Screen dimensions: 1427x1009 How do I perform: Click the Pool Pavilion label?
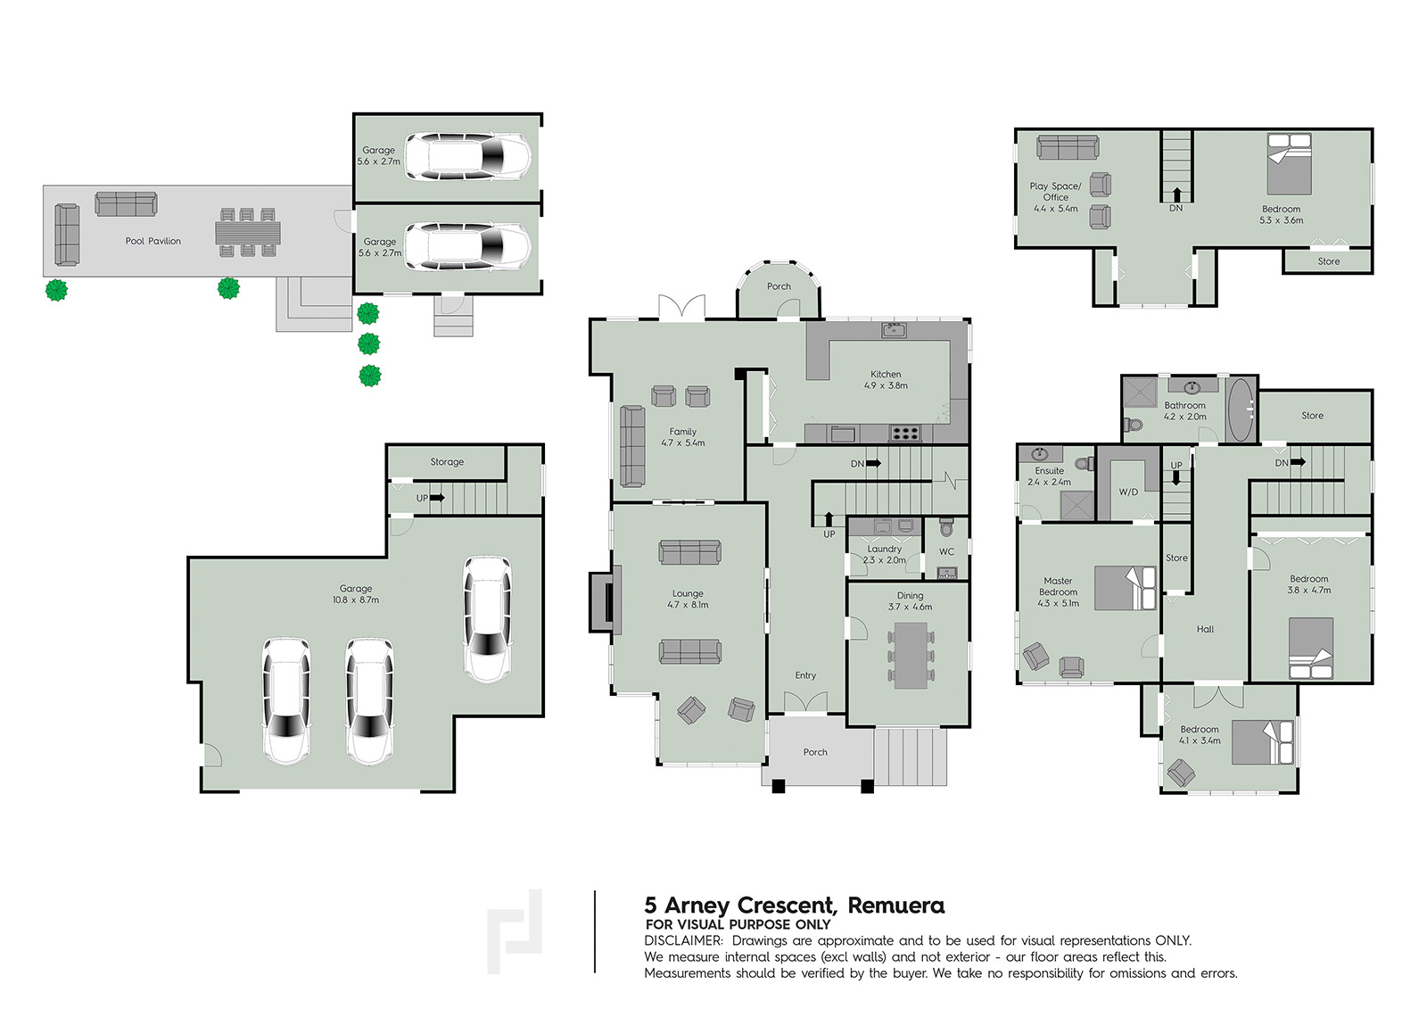point(153,241)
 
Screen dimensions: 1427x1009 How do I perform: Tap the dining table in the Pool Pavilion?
point(248,233)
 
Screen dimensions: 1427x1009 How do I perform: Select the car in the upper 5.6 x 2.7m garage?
point(468,157)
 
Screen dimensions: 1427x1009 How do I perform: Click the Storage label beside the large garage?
point(447,461)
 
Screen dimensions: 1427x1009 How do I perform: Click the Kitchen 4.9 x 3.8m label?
point(886,380)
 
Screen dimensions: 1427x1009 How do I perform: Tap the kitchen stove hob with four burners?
point(905,434)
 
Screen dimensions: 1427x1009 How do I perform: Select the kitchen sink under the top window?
point(895,330)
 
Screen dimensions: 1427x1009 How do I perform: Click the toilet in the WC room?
point(946,528)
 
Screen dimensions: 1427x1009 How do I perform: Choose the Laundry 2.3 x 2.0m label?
point(884,555)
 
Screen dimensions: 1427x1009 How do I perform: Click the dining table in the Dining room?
point(911,655)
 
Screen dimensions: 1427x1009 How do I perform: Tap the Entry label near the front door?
point(805,675)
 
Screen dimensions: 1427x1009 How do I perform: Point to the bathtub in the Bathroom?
point(1240,410)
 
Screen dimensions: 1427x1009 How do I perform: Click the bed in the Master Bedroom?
point(1125,588)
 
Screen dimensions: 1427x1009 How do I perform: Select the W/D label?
point(1128,492)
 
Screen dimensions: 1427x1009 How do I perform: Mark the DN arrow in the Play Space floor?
point(1176,195)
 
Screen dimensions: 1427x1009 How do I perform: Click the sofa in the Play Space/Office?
point(1067,147)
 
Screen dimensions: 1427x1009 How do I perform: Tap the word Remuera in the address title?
point(896,906)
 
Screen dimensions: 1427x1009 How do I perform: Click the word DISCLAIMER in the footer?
point(683,940)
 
